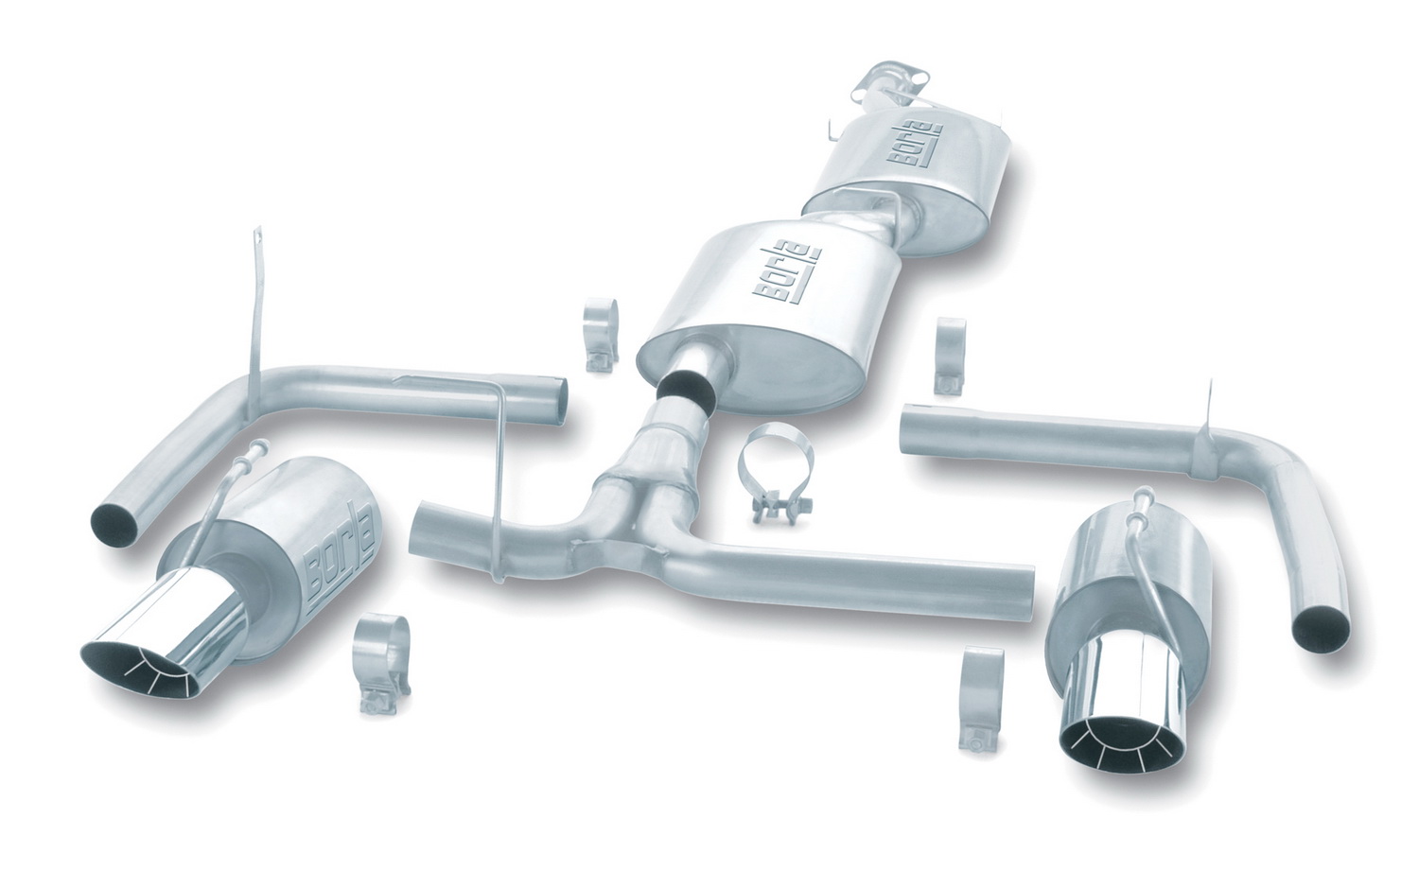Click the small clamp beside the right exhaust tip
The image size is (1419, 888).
tap(981, 699)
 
